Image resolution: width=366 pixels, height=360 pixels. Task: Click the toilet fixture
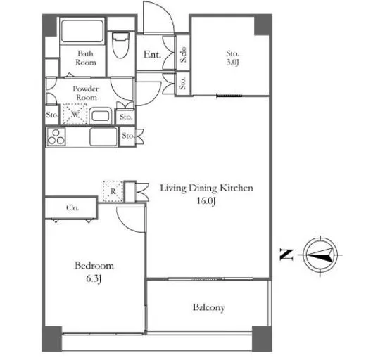point(120,45)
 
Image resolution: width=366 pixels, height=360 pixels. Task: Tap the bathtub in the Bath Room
point(82,31)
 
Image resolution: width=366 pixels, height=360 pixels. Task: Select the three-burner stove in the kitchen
point(56,137)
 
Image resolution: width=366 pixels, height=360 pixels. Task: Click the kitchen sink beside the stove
point(103,137)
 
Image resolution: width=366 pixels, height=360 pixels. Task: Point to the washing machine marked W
point(75,114)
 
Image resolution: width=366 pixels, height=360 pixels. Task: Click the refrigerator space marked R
point(113,191)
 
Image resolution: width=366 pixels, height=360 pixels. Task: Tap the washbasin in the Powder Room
point(100,116)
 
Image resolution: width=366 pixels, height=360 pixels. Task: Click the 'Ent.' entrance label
point(152,55)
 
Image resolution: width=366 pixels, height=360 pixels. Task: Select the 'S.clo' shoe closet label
point(183,54)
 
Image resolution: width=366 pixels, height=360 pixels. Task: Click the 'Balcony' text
point(209,307)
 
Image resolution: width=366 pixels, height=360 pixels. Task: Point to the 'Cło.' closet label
point(72,207)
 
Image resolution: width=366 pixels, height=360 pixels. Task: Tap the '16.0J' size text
point(206,200)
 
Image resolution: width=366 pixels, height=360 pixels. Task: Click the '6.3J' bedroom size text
point(94,278)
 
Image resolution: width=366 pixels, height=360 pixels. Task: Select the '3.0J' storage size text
point(232,63)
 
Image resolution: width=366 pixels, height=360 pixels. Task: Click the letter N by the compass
point(286,255)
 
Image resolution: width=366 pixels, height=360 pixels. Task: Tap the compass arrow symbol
point(320,255)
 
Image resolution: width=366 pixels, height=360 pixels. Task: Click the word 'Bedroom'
point(94,266)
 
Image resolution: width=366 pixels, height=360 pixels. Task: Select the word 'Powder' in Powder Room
point(86,89)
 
